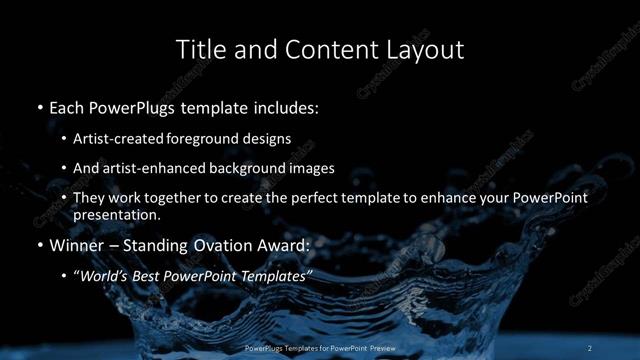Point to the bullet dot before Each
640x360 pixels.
click(x=39, y=106)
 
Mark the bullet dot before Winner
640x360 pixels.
click(x=39, y=245)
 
